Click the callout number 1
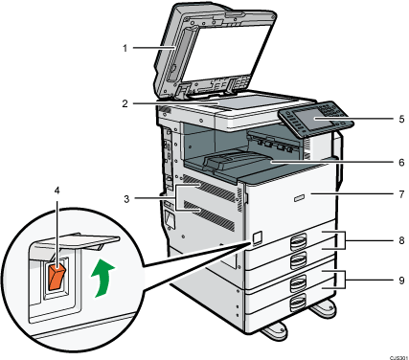coord(125,48)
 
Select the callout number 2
coord(125,103)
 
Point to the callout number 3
coord(126,199)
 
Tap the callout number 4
coord(57,191)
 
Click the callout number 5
coord(401,119)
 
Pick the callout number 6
coord(401,163)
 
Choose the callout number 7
coord(401,194)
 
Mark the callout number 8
coord(401,240)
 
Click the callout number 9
coord(401,281)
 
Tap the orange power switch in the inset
coord(57,276)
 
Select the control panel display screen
coord(307,119)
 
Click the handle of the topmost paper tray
coord(298,241)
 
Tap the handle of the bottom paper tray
coord(298,304)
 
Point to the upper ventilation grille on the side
coord(211,191)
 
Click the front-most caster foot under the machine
coord(273,332)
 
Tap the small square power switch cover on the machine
coord(257,236)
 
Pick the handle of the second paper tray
coord(298,260)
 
